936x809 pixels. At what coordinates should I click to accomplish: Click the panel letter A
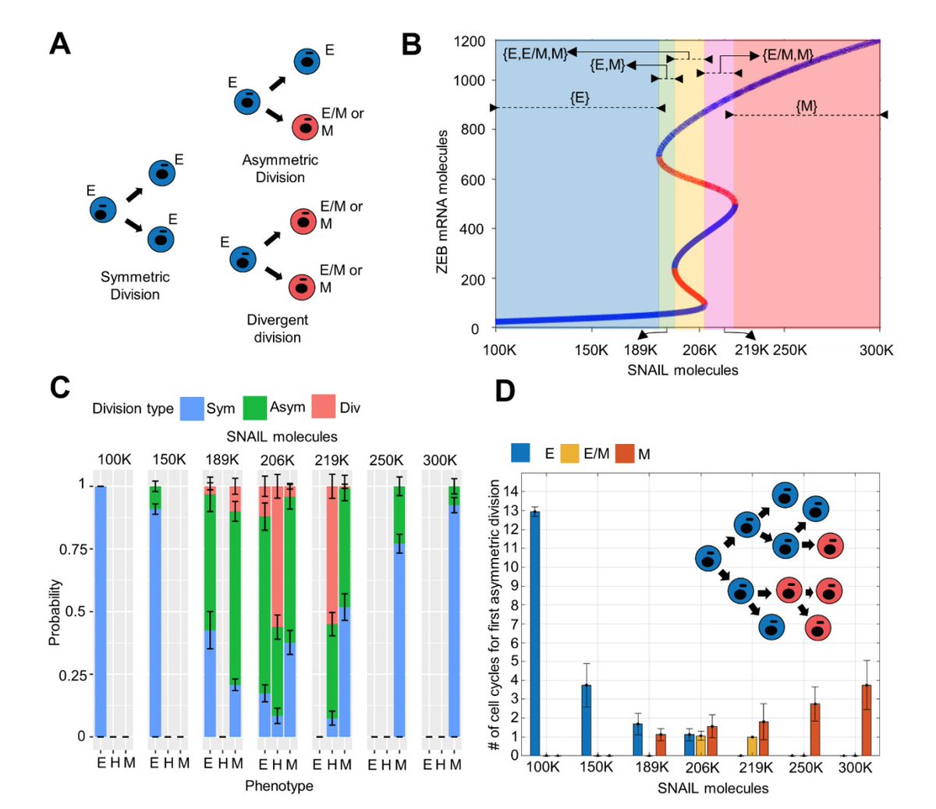click(x=59, y=43)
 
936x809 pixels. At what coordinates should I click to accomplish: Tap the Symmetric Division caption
click(x=135, y=286)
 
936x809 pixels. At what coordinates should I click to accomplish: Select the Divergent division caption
click(x=277, y=328)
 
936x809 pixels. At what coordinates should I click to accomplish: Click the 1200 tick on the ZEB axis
click(x=470, y=41)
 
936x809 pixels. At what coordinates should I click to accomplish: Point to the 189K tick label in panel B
click(x=640, y=350)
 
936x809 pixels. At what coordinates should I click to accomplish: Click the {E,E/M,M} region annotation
click(x=535, y=53)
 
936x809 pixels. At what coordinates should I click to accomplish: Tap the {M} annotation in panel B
click(x=807, y=105)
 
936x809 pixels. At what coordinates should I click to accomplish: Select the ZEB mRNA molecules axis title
click(x=442, y=201)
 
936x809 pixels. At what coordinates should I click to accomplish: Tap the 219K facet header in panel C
click(x=331, y=460)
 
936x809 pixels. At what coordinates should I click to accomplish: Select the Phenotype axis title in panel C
click(x=279, y=786)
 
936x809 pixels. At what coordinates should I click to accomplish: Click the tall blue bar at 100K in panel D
click(x=534, y=633)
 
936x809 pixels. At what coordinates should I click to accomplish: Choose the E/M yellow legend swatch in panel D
click(x=570, y=453)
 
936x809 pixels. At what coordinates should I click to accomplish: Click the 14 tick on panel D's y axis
click(x=512, y=491)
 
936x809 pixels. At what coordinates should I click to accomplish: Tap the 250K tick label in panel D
click(x=805, y=768)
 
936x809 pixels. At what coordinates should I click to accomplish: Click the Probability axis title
click(x=55, y=612)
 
